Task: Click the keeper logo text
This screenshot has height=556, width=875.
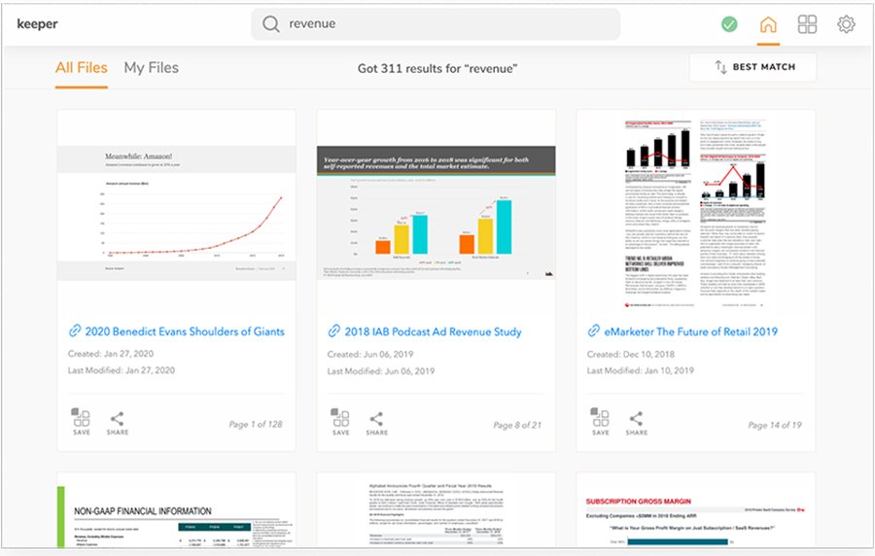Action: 38,24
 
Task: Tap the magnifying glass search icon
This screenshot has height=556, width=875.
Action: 271,24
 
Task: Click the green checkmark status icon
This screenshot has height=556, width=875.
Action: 729,24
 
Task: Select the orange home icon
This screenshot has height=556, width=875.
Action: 768,24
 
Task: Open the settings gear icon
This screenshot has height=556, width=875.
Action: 846,24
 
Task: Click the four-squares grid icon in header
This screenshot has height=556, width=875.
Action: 807,24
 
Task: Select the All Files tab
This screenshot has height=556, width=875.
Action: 82,68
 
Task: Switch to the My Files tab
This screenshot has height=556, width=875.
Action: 151,68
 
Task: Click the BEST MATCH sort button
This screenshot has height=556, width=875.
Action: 753,67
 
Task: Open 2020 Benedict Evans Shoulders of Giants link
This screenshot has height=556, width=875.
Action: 185,331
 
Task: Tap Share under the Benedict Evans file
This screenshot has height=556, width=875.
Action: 117,422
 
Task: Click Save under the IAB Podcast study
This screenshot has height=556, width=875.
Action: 340,422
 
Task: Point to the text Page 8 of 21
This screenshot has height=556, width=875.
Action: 517,425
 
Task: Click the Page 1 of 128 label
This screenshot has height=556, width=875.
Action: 256,425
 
